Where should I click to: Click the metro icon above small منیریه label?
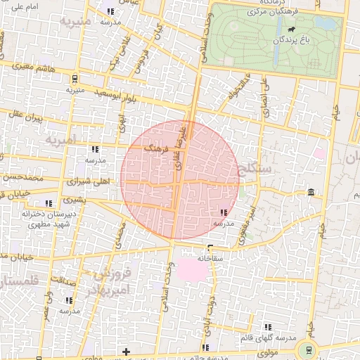click(x=75, y=79)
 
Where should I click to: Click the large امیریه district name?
click(x=59, y=142)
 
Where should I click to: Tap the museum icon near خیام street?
click(x=310, y=193)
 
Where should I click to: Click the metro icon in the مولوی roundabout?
click(x=307, y=349)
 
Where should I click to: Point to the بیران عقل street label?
click(x=27, y=115)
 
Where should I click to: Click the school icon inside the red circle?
click(x=224, y=212)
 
